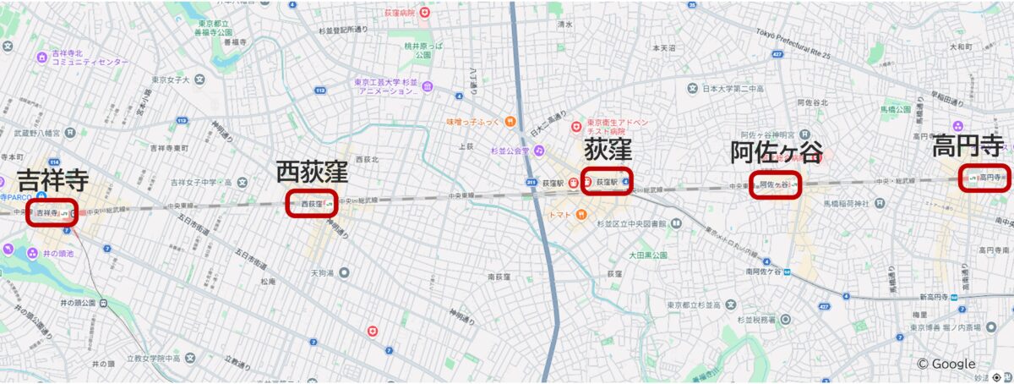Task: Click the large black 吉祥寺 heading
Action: (53, 179)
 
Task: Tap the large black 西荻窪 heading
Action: (312, 172)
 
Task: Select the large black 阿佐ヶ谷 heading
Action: (776, 152)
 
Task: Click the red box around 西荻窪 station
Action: (311, 203)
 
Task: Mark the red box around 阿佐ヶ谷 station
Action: (775, 184)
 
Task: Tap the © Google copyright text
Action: (946, 364)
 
